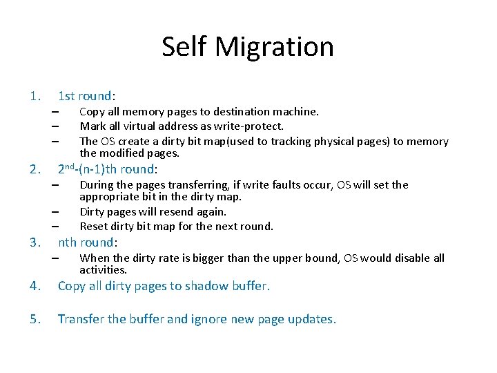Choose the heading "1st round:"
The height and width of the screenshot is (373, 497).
pyautogui.click(x=87, y=96)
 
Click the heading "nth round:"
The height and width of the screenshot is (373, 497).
pyautogui.click(x=88, y=242)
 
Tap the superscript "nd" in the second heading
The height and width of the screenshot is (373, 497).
pyautogui.click(x=70, y=166)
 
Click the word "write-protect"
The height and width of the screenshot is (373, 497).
pyautogui.click(x=250, y=126)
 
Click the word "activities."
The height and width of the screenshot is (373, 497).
pyautogui.click(x=104, y=270)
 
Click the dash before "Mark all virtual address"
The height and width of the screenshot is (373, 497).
pyautogui.click(x=54, y=126)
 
